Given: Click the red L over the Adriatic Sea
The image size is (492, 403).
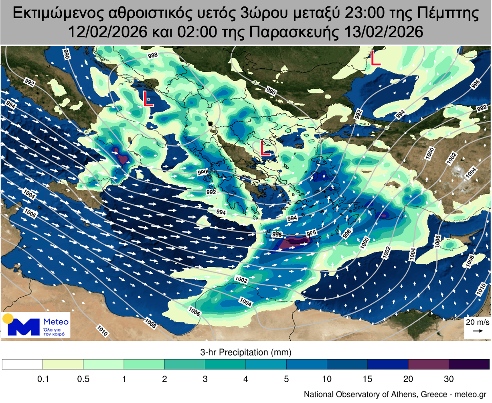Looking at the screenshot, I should tap(148, 99).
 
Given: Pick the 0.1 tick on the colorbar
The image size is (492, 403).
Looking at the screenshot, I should tap(43, 379).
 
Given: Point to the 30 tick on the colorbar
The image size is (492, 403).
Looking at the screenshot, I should tap(449, 379).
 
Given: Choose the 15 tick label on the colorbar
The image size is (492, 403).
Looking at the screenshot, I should tap(367, 379).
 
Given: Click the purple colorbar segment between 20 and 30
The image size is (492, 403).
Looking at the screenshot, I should tap(428, 364).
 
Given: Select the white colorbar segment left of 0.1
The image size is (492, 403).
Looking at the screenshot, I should tap(22, 364).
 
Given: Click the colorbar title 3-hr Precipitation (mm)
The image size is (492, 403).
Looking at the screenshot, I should tap(245, 352).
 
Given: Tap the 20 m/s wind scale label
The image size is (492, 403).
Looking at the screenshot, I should tap(477, 322).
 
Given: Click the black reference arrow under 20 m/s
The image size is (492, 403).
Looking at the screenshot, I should tap(477, 331).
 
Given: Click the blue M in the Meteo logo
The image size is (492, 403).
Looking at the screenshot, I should tap(24, 327).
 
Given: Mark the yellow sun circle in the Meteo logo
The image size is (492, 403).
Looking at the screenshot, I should tap(8, 319).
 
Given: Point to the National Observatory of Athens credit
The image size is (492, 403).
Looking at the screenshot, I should tap(395, 394).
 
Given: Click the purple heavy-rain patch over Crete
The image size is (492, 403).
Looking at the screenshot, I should tap(295, 242).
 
